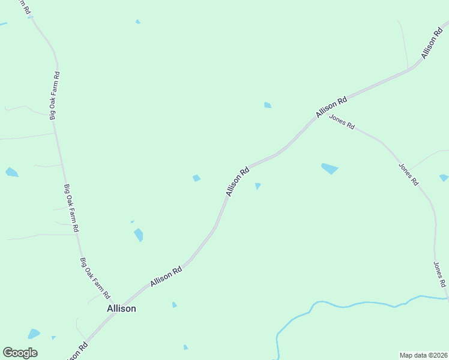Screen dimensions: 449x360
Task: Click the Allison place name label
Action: click(121, 308)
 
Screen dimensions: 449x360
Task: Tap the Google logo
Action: click(20, 353)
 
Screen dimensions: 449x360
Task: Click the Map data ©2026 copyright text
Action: click(423, 355)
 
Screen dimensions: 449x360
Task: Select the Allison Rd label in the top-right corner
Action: click(432, 43)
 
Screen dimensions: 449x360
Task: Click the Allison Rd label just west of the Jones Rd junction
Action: click(332, 106)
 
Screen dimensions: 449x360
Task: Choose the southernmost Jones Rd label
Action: click(440, 274)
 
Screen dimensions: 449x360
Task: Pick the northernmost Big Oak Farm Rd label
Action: click(55, 96)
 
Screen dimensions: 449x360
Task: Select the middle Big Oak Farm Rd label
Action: click(71, 208)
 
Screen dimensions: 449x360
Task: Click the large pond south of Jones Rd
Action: click(330, 169)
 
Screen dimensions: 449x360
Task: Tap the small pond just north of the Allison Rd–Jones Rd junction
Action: click(268, 106)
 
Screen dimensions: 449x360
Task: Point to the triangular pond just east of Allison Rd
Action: click(258, 186)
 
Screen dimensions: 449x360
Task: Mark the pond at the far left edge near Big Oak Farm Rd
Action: click(11, 173)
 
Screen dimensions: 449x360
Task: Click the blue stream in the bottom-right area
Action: click(360, 304)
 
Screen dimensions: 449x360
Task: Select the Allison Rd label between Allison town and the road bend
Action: click(166, 276)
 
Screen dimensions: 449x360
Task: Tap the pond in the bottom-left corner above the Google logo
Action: click(34, 334)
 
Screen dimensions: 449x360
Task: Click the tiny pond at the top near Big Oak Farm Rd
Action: click(138, 22)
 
